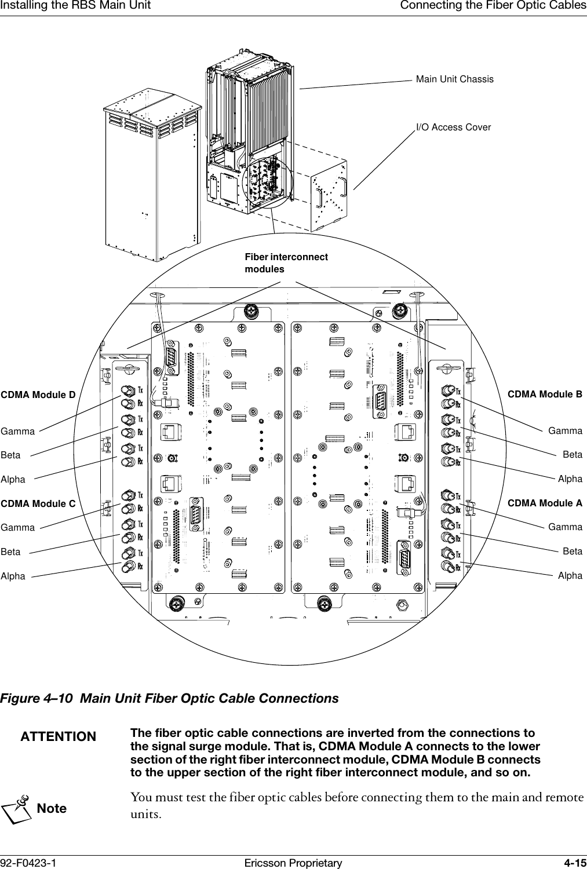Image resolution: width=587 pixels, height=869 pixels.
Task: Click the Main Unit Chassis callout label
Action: [455, 79]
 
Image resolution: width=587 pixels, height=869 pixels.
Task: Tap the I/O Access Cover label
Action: [453, 127]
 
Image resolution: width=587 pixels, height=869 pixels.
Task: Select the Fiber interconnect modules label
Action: [286, 263]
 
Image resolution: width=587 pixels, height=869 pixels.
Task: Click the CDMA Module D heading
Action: [38, 395]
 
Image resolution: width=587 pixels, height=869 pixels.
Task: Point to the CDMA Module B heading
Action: [545, 395]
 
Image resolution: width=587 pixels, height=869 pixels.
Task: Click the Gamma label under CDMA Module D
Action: [18, 432]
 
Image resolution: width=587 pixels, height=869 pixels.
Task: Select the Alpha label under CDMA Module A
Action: [570, 575]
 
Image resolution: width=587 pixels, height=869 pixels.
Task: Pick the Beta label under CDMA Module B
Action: [572, 455]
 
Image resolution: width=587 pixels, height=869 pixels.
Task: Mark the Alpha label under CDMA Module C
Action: [13, 576]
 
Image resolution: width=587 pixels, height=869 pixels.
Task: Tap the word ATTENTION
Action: [59, 737]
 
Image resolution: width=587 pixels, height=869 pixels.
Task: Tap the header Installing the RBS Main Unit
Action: [76, 6]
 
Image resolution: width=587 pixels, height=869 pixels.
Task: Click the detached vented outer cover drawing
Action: [152, 174]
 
